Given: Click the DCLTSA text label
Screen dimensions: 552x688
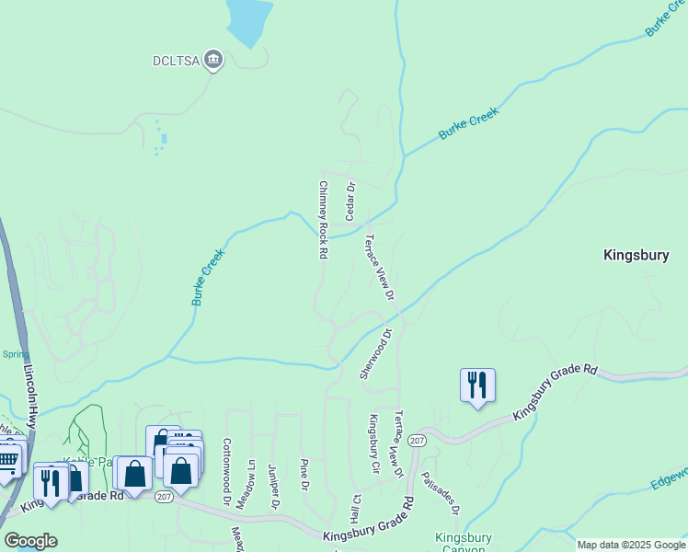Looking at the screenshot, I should pos(176,62).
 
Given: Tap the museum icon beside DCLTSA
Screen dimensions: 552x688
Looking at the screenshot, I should pos(213,61).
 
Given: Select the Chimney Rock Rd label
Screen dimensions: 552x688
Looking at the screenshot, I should pos(324,219).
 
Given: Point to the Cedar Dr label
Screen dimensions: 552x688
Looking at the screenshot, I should pos(350,200).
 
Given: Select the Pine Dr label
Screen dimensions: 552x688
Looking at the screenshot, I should pos(304,474).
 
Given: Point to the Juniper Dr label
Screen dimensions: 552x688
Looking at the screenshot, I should pos(273,486).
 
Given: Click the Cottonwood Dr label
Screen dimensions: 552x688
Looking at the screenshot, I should pos(226,471).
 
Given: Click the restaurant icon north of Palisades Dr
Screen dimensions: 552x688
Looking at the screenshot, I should pos(477,384).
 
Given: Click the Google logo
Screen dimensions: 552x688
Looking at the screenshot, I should pos(30,541).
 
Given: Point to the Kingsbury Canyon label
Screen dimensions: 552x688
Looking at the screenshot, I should pos(463,543).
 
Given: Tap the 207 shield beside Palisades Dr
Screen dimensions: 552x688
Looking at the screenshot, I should pos(417,442).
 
